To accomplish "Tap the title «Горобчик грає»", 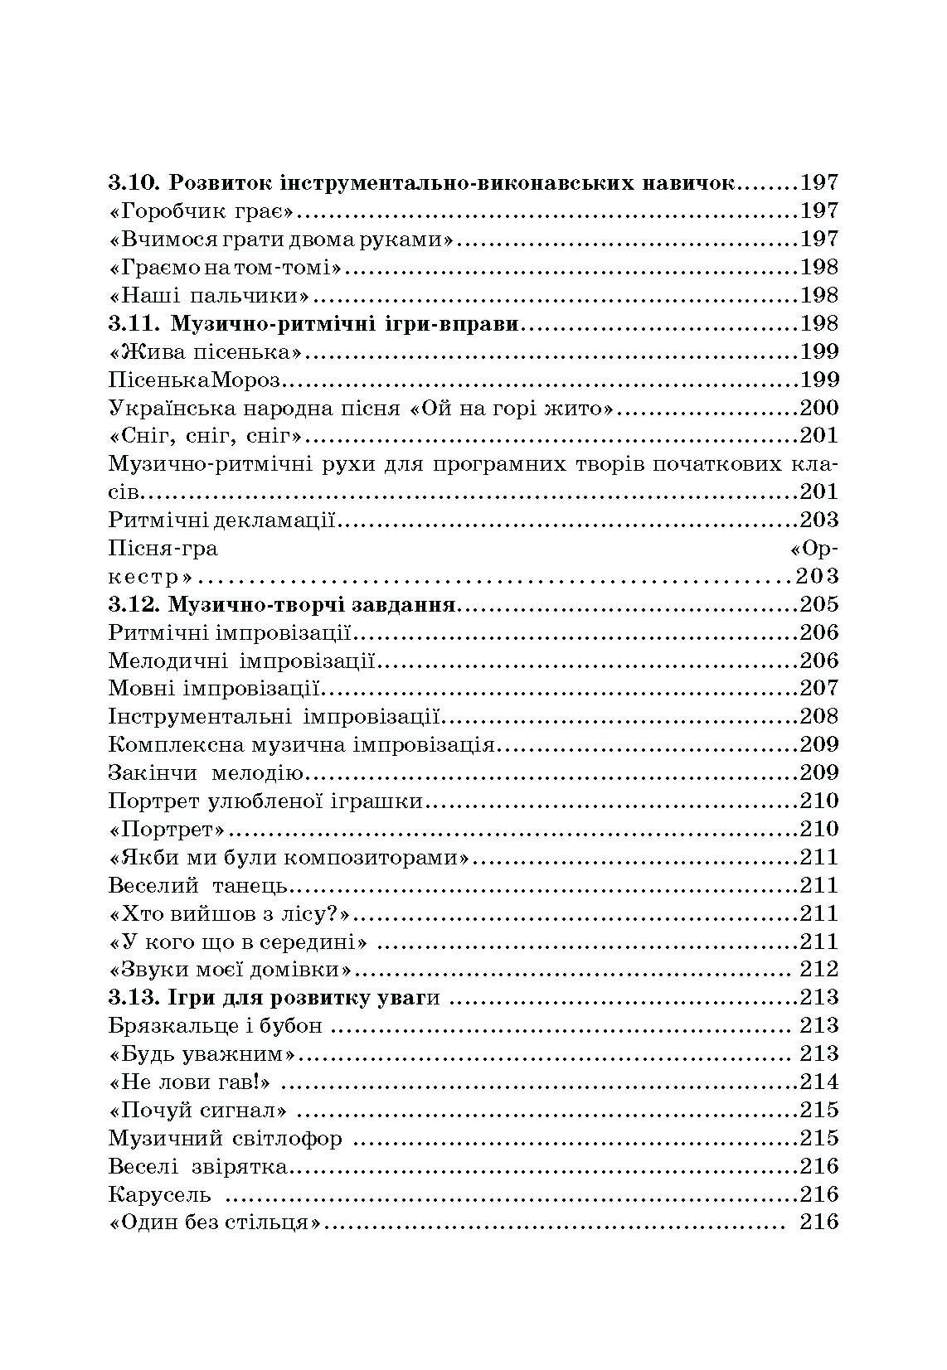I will click(x=202, y=211).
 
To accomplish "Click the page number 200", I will click(x=819, y=408).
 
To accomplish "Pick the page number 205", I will click(x=819, y=605).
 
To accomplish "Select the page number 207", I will click(x=819, y=689).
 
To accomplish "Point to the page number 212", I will click(x=819, y=970).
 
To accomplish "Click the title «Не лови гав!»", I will click(x=192, y=1082).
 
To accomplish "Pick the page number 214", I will click(x=819, y=1082).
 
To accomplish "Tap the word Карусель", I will click(x=159, y=1195).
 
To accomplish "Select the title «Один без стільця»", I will click(x=215, y=1223).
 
